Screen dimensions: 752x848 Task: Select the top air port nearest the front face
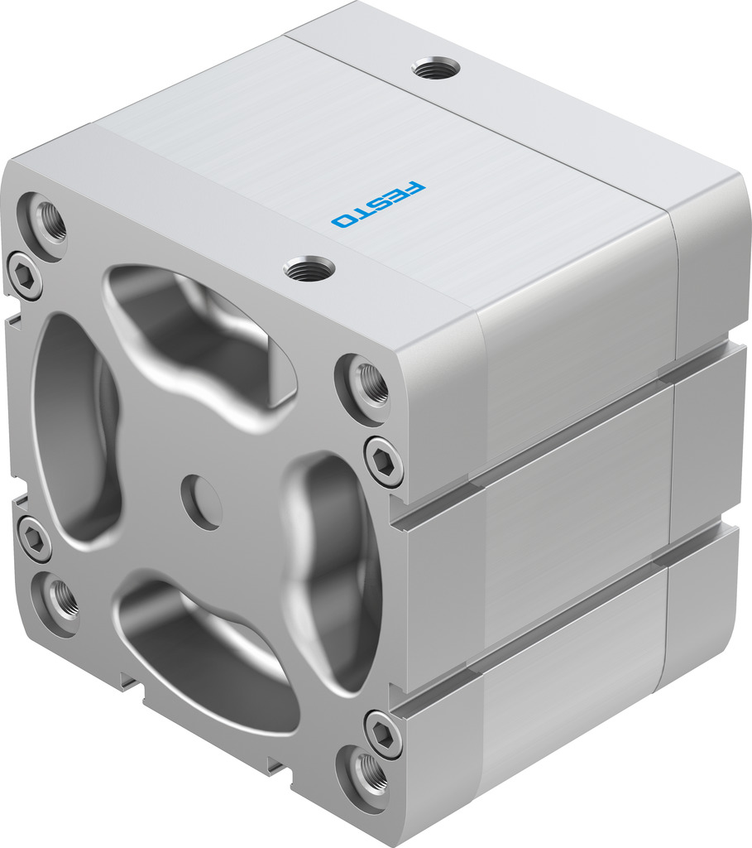[309, 267]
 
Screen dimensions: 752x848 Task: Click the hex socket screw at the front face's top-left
[24, 275]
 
